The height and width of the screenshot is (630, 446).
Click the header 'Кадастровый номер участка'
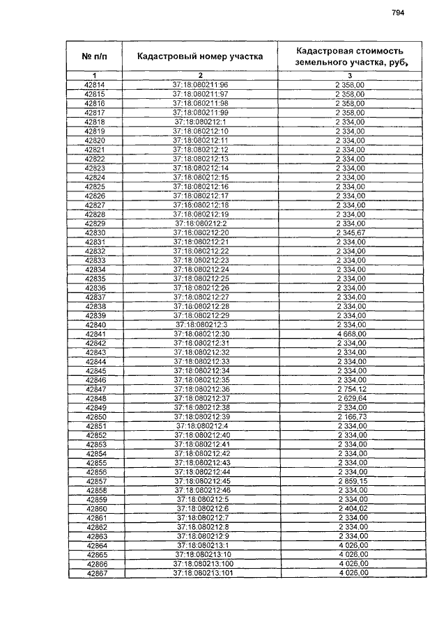[x=200, y=56]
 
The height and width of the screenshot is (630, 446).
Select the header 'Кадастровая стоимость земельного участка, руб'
[x=349, y=56]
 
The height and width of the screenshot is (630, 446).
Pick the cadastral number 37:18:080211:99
[x=201, y=112]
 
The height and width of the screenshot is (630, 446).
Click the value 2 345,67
[x=351, y=232]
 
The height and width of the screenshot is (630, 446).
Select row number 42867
[x=96, y=573]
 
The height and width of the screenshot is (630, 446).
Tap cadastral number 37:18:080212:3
[x=201, y=324]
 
